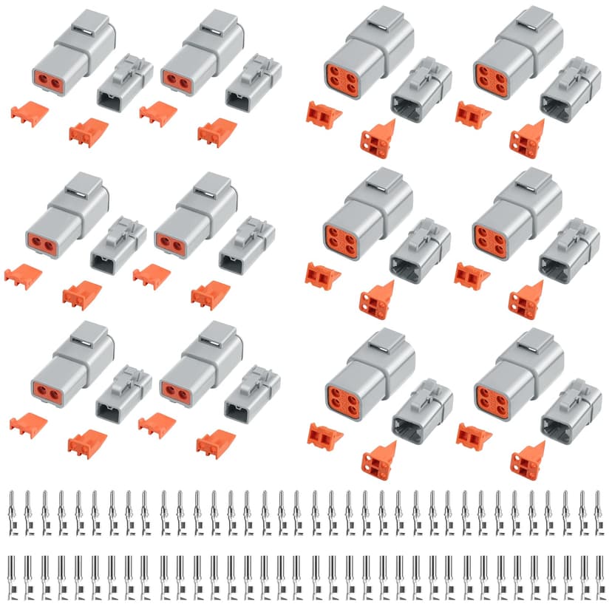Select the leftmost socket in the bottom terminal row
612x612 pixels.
click(12, 576)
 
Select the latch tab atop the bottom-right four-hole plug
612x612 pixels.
click(535, 342)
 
